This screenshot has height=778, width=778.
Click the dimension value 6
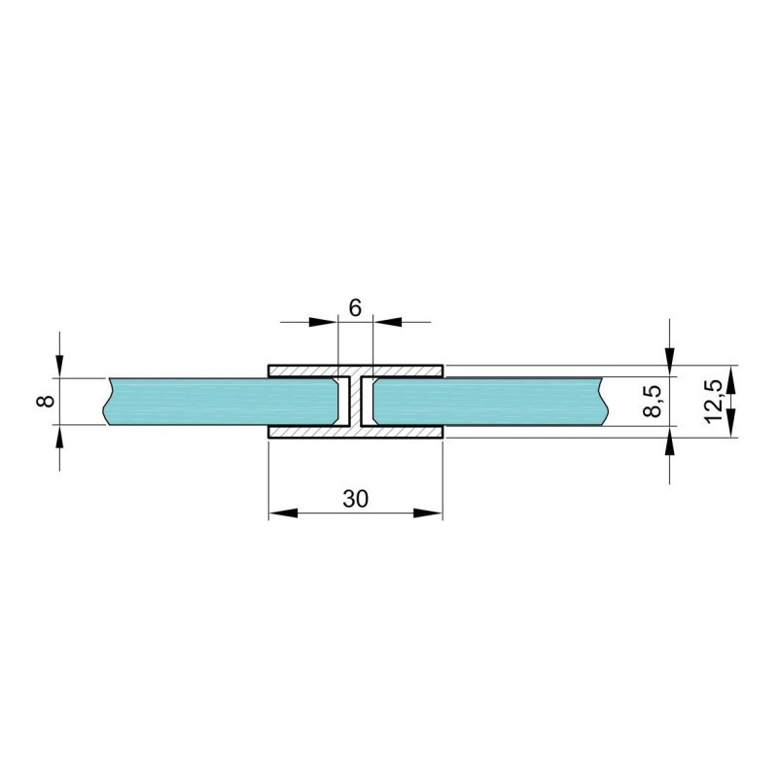tap(355, 308)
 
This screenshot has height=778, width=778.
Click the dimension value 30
tap(355, 499)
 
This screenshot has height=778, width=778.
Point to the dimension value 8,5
tap(654, 402)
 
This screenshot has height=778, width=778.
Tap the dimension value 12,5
tap(713, 402)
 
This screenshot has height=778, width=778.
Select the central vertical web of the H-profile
tap(355, 402)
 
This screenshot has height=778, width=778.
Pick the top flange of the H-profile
tap(355, 371)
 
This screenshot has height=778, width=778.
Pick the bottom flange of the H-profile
tap(355, 432)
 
